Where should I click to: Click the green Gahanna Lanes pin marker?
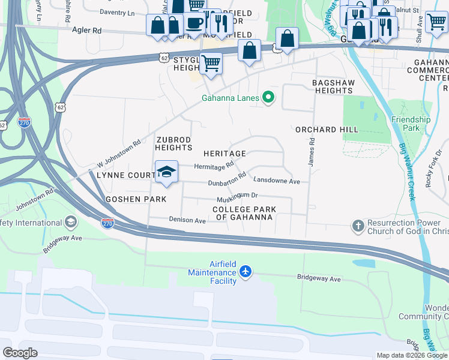[x=268, y=98]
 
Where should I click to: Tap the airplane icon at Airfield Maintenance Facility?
[x=245, y=271]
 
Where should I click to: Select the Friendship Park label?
[x=411, y=124]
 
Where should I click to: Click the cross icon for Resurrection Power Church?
[x=358, y=226]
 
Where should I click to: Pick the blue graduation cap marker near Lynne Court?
[x=166, y=172]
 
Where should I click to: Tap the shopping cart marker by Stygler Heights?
[x=211, y=63]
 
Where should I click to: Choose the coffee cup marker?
[x=193, y=23]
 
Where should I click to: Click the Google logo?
[x=20, y=353]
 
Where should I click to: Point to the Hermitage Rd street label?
[x=214, y=166]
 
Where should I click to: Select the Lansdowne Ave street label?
[x=276, y=180]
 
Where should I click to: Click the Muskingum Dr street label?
[x=237, y=196]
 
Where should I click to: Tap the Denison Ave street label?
[x=187, y=220]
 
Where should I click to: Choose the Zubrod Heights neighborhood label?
[x=174, y=143]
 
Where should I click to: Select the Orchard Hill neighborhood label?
[x=327, y=130]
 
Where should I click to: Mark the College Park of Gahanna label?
[x=244, y=213]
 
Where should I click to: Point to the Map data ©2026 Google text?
[x=412, y=355]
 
